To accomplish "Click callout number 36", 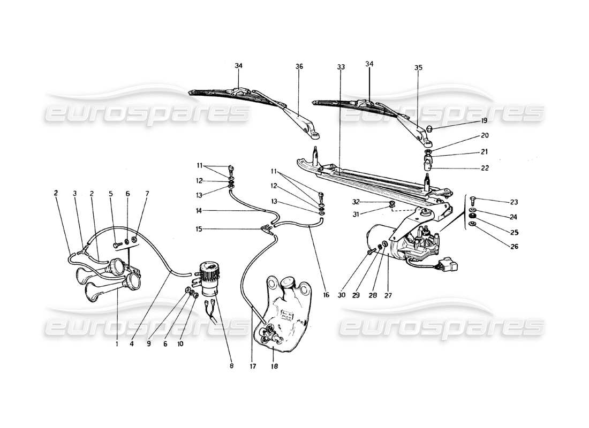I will pyautogui.click(x=299, y=66).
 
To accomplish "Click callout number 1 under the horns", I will pyautogui.click(x=116, y=345).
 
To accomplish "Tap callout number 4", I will pyautogui.click(x=131, y=345).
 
